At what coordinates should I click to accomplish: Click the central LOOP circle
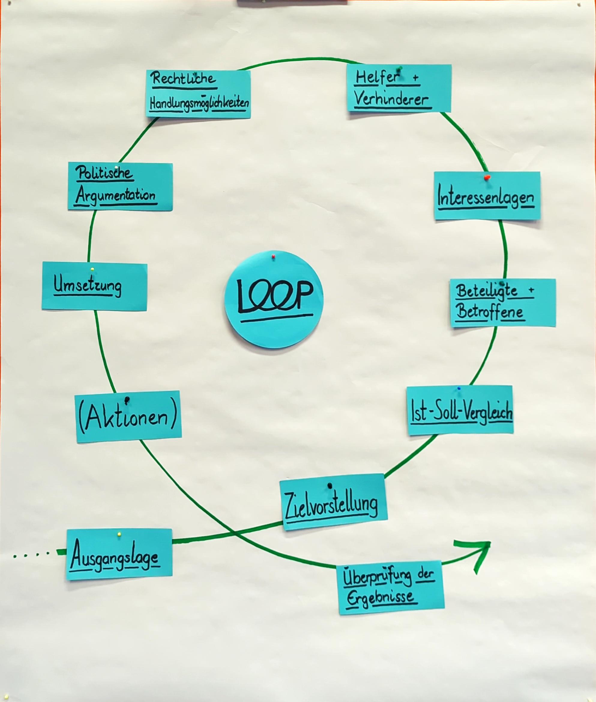[x=274, y=300]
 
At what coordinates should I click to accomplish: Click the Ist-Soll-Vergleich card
[x=460, y=410]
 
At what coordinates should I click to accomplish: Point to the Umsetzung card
[x=94, y=286]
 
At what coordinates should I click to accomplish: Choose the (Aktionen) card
[x=128, y=417]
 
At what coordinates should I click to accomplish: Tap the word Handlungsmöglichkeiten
[x=199, y=103]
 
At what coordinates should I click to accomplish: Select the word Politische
[x=104, y=173]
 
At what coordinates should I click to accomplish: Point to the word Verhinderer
[x=392, y=100]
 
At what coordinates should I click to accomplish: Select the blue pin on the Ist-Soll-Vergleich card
[x=459, y=388]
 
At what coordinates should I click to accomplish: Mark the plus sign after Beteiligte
[x=532, y=289]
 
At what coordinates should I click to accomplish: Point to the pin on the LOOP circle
[x=273, y=258]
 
